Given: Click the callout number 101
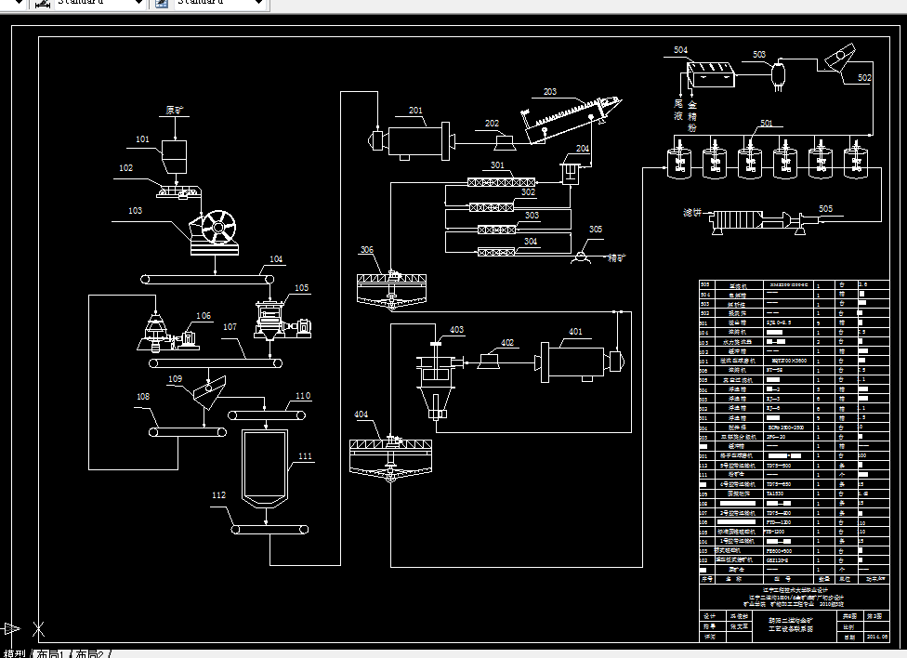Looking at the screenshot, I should (x=142, y=139).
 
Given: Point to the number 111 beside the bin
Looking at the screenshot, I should (x=306, y=456).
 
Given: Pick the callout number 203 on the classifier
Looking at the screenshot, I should (x=550, y=92).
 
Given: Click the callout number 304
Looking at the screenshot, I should (x=531, y=241).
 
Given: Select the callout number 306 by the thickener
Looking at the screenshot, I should (x=367, y=249).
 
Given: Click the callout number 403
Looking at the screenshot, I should (x=456, y=329).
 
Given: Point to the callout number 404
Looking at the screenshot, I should (x=361, y=414).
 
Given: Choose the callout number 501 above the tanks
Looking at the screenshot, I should (x=766, y=123).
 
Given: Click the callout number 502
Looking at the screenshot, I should (x=864, y=78).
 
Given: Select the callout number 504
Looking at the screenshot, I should (x=681, y=49).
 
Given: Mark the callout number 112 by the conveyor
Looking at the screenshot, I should (x=218, y=495).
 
